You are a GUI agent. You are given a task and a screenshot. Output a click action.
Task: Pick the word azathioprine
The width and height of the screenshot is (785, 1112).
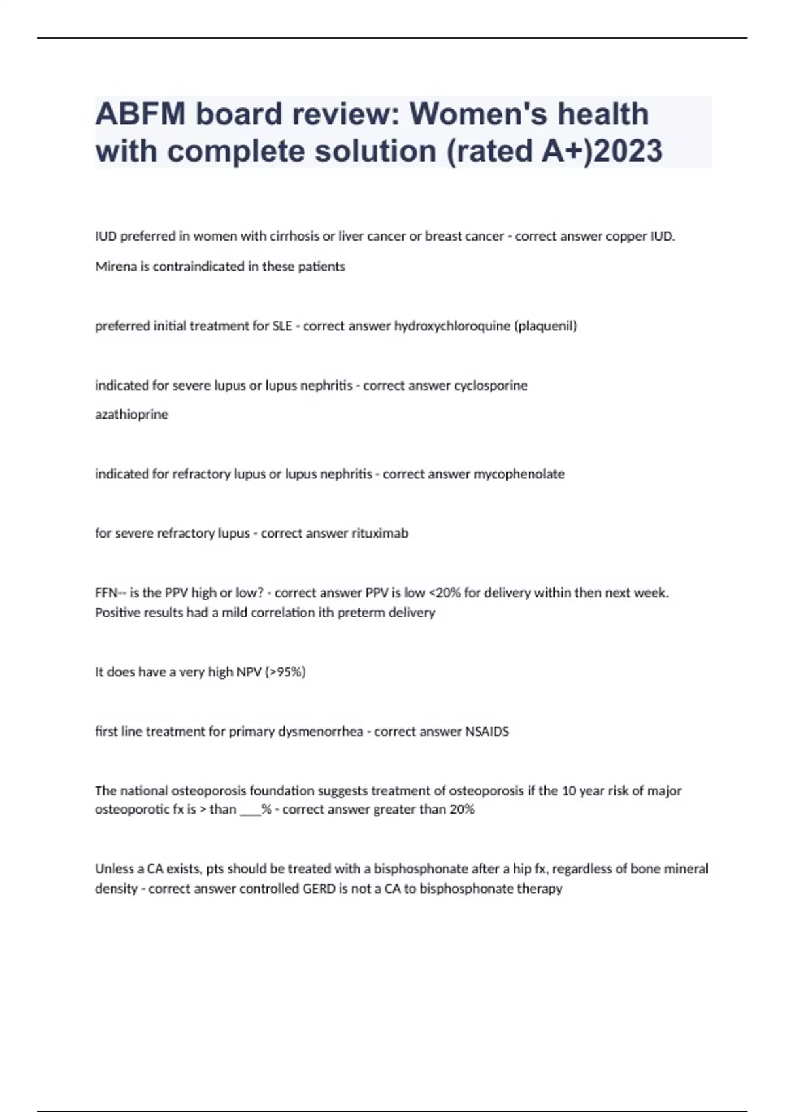[131, 415]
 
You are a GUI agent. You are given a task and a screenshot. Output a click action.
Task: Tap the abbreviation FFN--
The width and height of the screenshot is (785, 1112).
[109, 593]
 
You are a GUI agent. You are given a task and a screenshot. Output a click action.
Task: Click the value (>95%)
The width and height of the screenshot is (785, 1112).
[285, 672]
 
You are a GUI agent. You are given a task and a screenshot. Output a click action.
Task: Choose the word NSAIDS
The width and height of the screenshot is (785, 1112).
[487, 731]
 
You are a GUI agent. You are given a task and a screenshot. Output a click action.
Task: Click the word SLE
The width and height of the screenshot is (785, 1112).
[282, 326]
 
